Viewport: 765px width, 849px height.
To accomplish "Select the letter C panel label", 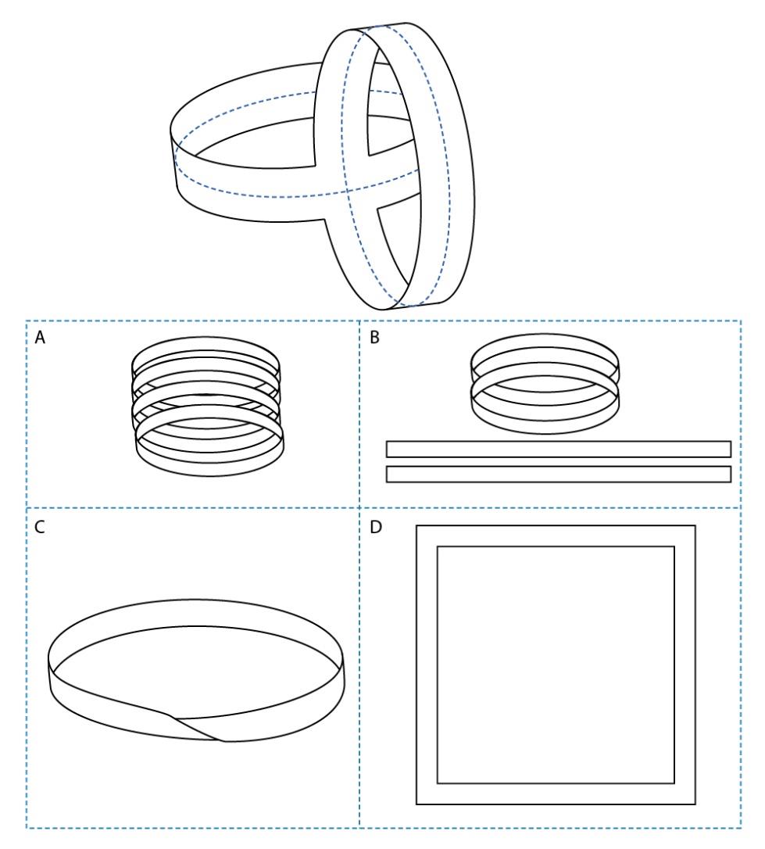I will pos(39,527).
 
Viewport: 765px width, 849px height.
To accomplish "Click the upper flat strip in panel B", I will pos(559,449).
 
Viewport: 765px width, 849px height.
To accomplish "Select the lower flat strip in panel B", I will pos(559,474).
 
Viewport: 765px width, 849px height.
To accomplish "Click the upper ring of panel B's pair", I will pos(545,349).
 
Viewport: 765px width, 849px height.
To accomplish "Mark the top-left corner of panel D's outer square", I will pos(417,526).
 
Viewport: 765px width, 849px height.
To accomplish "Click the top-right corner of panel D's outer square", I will pos(694,526).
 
